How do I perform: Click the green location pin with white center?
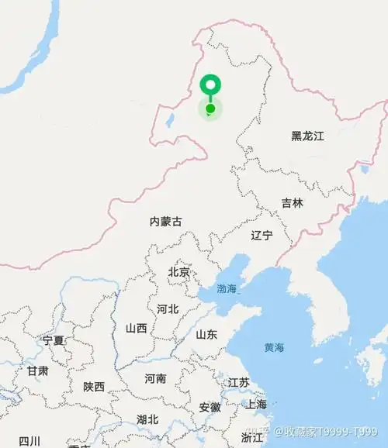(x=210, y=84)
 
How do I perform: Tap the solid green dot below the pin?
(x=210, y=109)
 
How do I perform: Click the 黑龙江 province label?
(x=307, y=136)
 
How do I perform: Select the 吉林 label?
(x=293, y=203)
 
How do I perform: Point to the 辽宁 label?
(x=262, y=235)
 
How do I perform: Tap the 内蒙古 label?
(x=166, y=222)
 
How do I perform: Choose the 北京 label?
(x=178, y=272)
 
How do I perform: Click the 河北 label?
(x=168, y=308)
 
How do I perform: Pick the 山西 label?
(x=136, y=328)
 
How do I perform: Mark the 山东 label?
(x=206, y=334)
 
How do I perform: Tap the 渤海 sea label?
(x=227, y=288)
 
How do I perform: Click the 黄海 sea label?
(x=274, y=347)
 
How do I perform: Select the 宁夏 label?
(x=54, y=340)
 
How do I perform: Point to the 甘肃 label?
(x=37, y=371)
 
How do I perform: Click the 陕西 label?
(x=94, y=386)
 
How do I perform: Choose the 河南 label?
(x=155, y=379)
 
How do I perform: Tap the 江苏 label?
(x=239, y=382)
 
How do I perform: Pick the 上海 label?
(x=256, y=404)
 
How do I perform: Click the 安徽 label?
(x=210, y=407)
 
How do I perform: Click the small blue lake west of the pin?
(x=169, y=121)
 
